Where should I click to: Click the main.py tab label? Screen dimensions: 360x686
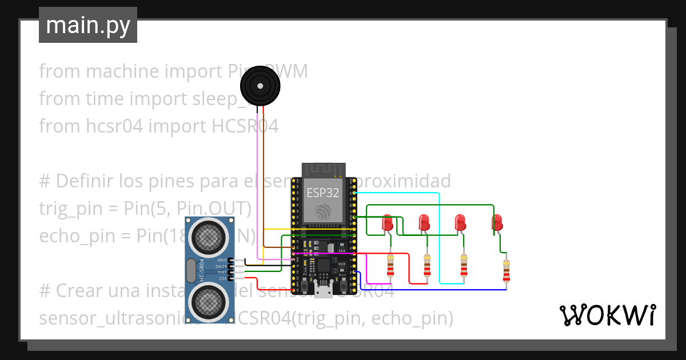87,25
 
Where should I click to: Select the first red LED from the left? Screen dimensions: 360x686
387,222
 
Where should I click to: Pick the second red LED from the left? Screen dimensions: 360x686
424,222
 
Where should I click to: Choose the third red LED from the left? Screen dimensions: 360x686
460,222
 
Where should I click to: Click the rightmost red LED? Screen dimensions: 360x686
497,222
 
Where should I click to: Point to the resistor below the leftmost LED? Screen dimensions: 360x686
390,265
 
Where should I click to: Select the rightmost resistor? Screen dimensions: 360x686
506,271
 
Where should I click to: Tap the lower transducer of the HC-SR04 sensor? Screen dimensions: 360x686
210,301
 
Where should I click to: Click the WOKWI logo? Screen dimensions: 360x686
607,315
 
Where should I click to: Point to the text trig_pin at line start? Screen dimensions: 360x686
62,209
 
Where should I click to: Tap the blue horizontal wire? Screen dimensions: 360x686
434,290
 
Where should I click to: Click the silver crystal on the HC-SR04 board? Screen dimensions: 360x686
190,270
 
